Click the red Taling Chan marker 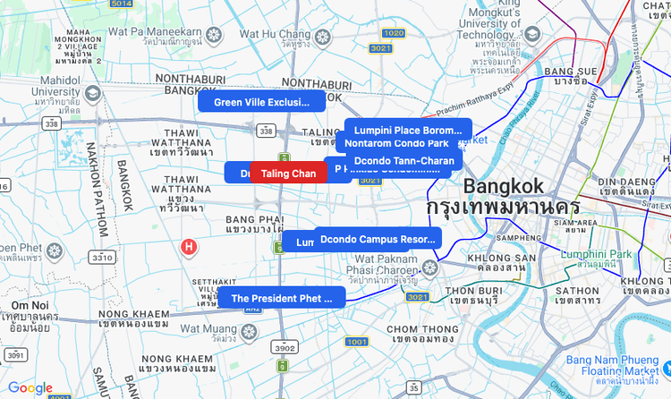pos(288,173)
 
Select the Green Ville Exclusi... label pos(261,102)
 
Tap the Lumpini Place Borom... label pos(408,130)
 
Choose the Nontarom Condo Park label pos(396,143)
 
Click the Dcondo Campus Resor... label pos(378,239)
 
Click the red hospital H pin pos(189,246)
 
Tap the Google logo pos(30,387)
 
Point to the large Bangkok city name pos(503,187)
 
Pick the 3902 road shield pos(285,347)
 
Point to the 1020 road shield pos(393,33)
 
